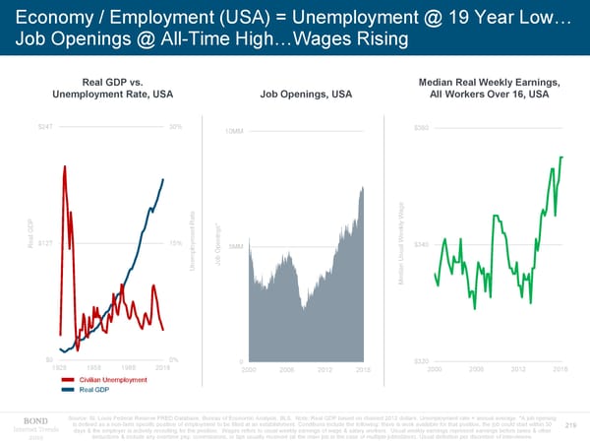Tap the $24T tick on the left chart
(44, 127)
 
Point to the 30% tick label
(175, 127)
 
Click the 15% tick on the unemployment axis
(175, 243)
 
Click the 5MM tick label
(236, 246)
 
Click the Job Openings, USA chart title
(306, 95)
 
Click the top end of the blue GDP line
(163, 179)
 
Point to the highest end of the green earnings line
(561, 157)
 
